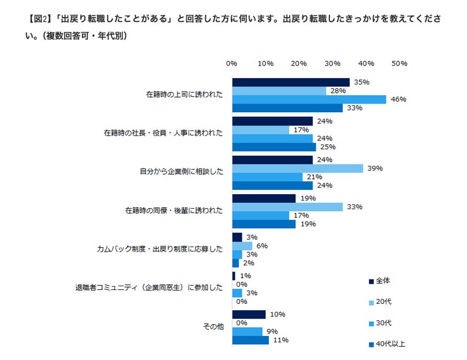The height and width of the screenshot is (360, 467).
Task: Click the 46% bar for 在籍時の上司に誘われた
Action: point(309,100)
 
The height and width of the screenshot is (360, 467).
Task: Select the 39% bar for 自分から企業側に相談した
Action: point(297,168)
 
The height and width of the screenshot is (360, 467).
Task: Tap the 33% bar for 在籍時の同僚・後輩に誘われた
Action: point(287,207)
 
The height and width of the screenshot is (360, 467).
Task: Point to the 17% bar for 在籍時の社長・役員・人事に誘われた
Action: point(261,130)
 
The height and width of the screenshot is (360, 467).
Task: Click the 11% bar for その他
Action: point(251,340)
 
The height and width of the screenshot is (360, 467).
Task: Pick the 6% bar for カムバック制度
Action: point(242,246)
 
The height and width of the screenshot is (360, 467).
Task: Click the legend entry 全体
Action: point(379,281)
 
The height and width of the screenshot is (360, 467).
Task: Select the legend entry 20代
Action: point(379,302)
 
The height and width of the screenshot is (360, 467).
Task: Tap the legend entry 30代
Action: point(379,323)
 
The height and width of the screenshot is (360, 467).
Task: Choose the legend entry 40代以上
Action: point(386,344)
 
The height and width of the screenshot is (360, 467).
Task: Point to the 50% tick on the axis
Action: point(399,64)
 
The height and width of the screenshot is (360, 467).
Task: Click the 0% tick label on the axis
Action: point(232,64)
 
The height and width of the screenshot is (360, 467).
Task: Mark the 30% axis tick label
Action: point(332,64)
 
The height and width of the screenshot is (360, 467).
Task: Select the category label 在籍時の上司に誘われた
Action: point(184,95)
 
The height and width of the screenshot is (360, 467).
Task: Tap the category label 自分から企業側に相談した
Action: point(181,171)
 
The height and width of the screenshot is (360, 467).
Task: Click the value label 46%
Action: point(398,100)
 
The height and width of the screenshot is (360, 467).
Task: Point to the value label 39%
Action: point(375,168)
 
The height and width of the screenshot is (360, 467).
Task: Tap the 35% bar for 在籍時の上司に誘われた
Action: point(290,83)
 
